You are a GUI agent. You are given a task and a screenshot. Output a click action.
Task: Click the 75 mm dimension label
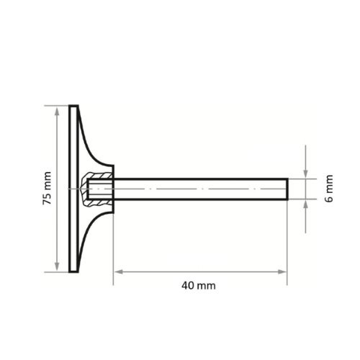(46, 189)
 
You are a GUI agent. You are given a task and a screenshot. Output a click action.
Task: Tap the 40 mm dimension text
(199, 285)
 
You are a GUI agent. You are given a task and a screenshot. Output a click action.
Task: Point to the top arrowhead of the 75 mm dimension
(56, 109)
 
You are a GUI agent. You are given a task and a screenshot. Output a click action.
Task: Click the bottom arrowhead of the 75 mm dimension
(56, 267)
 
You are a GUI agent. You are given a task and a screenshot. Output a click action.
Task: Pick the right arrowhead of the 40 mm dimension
(282, 272)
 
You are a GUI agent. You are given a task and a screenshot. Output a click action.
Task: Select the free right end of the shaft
(287, 189)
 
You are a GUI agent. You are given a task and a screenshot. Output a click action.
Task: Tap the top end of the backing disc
(73, 107)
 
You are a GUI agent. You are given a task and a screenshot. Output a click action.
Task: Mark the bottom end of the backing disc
(73, 271)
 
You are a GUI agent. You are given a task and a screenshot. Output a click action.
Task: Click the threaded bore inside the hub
(99, 189)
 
